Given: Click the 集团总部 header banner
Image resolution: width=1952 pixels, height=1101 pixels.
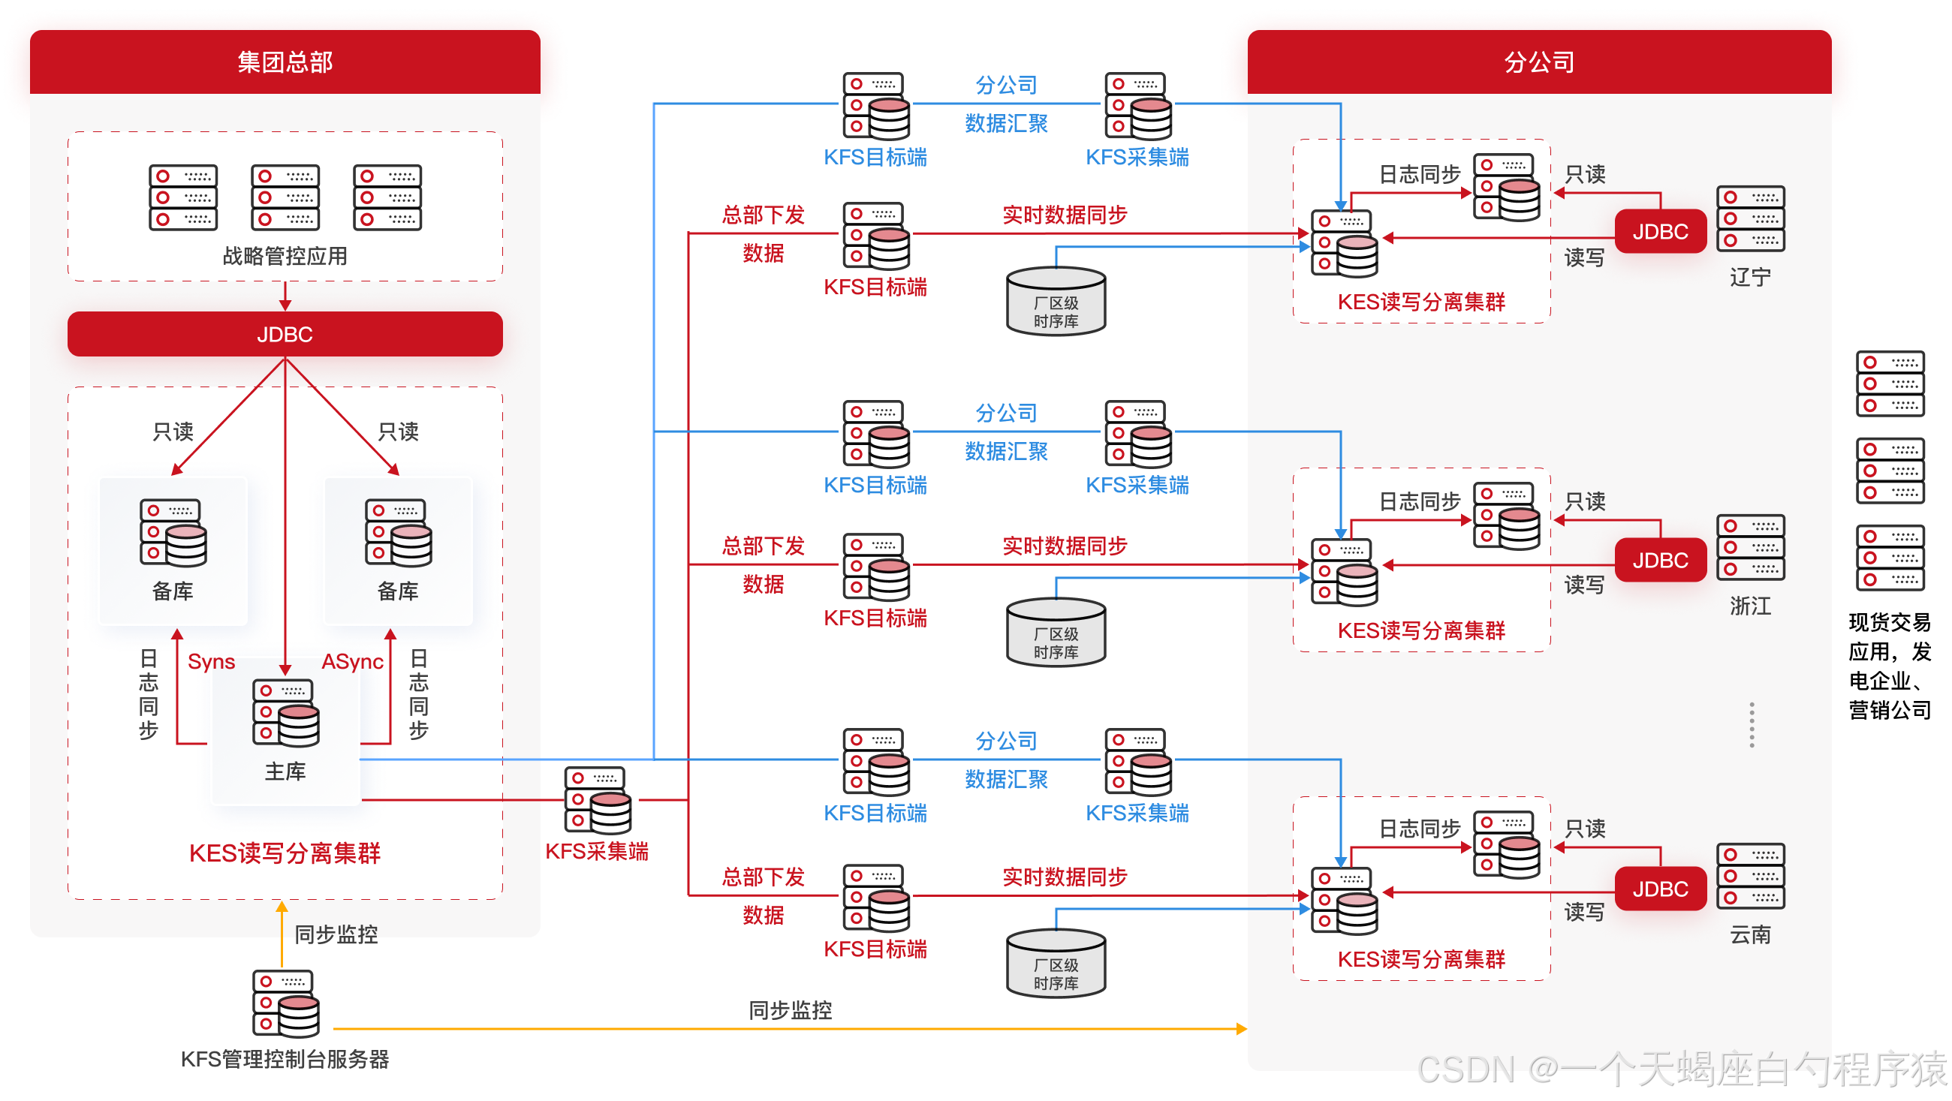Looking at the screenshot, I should tap(285, 62).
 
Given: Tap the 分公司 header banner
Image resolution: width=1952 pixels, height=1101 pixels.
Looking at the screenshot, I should tap(1538, 62).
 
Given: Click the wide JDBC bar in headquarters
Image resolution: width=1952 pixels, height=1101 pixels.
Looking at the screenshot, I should tap(285, 334).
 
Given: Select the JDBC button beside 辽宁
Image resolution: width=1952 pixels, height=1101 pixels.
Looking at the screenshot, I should tap(1659, 231).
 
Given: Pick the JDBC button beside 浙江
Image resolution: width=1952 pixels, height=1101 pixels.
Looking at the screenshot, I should tap(1659, 560).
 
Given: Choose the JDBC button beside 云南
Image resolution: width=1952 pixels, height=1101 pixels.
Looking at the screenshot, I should tap(1659, 889).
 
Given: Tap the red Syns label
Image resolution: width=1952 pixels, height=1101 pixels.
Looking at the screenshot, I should tap(212, 661).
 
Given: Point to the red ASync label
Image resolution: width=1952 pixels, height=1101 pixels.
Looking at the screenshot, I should tap(352, 661).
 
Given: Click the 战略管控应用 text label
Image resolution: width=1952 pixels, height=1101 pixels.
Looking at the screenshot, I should tap(285, 256).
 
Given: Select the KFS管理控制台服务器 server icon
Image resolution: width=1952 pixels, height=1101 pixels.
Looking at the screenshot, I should tap(286, 1003).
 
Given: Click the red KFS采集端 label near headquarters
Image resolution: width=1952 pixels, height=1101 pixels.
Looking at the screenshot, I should tap(596, 851).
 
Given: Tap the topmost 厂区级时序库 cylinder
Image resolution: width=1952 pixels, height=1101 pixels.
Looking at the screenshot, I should tap(1056, 302).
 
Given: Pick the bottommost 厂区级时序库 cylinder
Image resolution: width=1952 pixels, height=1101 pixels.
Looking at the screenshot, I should tap(1056, 964).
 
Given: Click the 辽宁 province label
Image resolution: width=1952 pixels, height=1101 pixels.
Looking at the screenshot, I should tap(1750, 278).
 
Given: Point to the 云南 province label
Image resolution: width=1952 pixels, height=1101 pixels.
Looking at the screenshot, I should tap(1750, 935).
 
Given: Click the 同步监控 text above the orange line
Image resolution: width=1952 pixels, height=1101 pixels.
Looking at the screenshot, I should tap(790, 1010).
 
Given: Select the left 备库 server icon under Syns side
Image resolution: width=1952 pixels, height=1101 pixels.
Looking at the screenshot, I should tap(173, 533).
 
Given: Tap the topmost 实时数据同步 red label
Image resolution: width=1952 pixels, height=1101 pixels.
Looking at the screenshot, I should tap(1065, 215).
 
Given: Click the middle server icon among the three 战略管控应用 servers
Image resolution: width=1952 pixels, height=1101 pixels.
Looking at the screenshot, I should tap(285, 197).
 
